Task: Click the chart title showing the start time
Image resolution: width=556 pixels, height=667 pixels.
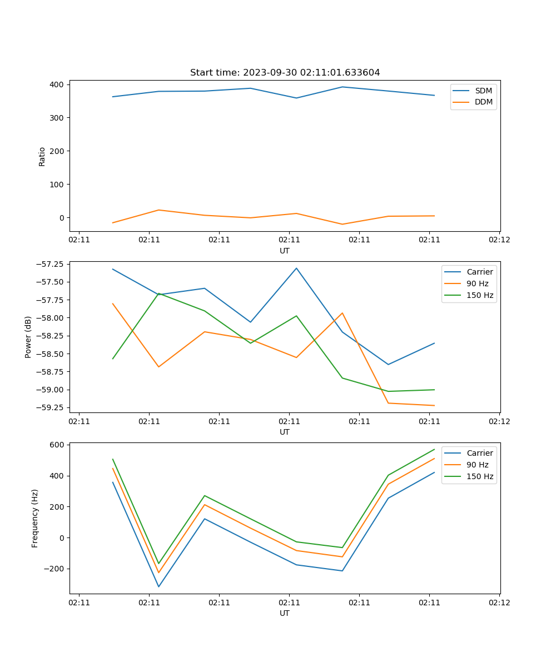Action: click(x=285, y=73)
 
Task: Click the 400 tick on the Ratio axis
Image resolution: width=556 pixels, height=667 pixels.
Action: click(x=57, y=84)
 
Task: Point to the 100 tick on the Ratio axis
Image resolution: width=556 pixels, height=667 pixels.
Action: click(x=57, y=185)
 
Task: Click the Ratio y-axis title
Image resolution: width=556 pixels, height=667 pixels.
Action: click(x=42, y=156)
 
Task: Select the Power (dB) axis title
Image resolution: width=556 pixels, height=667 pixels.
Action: click(x=28, y=337)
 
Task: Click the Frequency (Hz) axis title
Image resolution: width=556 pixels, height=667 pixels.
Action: click(x=35, y=518)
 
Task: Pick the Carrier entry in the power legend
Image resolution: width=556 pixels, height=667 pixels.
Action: click(x=479, y=272)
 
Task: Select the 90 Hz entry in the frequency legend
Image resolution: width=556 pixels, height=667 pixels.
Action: click(x=477, y=465)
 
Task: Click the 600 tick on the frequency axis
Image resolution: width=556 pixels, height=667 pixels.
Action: click(x=58, y=445)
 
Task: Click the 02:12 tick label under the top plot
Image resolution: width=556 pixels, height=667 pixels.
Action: click(x=499, y=240)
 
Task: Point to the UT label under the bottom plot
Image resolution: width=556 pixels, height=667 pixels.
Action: click(x=285, y=613)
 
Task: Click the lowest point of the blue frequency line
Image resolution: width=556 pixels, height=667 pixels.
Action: click(x=158, y=586)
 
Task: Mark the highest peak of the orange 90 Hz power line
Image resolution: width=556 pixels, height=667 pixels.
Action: click(x=113, y=303)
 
